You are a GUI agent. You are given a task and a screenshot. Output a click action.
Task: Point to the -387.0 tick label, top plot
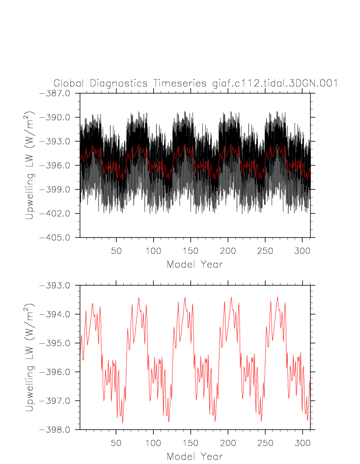click(58, 93)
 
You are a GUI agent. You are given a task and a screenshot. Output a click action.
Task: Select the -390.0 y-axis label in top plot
click(58, 117)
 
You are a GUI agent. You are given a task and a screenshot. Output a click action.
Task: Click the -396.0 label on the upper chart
click(58, 165)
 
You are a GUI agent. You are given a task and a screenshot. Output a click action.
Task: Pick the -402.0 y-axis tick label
click(58, 214)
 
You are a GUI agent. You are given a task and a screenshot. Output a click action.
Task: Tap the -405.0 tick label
click(58, 238)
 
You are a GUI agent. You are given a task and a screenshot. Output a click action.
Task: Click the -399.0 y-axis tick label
click(58, 190)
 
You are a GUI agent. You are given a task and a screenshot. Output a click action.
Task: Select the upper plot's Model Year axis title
click(194, 264)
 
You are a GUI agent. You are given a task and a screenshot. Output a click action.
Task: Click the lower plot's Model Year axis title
click(194, 456)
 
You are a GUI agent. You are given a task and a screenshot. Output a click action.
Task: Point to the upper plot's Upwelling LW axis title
click(30, 165)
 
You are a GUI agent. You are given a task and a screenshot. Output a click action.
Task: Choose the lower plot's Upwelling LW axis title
click(30, 357)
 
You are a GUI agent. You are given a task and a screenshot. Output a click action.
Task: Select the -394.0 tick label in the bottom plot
click(58, 314)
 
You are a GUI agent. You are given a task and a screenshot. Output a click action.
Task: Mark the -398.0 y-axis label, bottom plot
click(58, 430)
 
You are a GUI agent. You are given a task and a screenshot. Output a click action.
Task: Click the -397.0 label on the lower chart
click(58, 401)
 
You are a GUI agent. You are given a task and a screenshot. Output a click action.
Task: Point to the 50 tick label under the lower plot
click(116, 442)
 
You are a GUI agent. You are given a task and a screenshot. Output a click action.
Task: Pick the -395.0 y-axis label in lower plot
click(58, 343)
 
